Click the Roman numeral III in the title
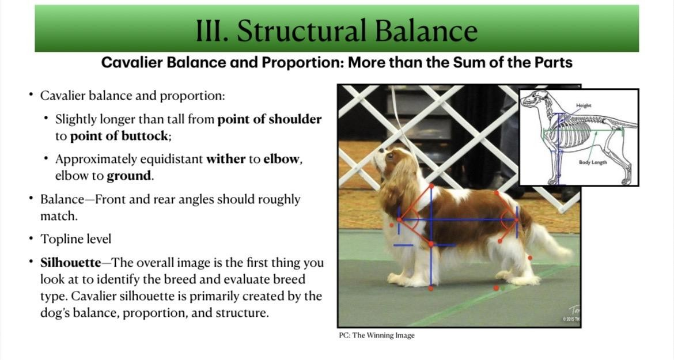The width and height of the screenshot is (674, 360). [212, 31]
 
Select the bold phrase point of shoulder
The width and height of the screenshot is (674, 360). [270, 119]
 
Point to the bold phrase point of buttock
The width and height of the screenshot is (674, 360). [119, 136]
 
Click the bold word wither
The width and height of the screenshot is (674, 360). [226, 159]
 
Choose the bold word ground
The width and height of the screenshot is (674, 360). [129, 176]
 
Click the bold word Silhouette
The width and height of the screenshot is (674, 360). [71, 263]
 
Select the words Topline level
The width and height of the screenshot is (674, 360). [75, 239]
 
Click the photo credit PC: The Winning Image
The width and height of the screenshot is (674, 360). [377, 335]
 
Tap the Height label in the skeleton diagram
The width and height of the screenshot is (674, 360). [584, 105]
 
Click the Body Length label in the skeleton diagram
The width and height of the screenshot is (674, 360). [593, 162]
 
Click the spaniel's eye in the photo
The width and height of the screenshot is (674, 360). [390, 157]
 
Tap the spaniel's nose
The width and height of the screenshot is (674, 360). [380, 150]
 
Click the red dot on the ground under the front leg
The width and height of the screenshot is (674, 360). [431, 288]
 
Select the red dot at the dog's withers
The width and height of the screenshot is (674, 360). [431, 187]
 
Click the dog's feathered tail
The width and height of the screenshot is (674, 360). [550, 241]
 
